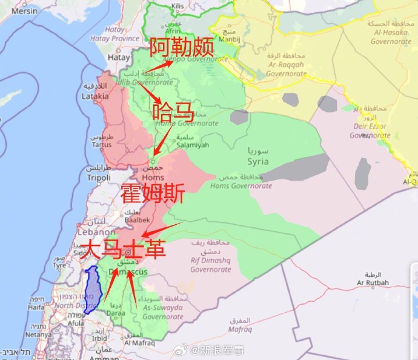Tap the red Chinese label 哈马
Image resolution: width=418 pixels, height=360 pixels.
coord(173,112)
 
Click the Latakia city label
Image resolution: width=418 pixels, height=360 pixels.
coord(95,96)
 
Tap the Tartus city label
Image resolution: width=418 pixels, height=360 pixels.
coord(102,145)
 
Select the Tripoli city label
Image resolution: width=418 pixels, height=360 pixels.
coord(98,178)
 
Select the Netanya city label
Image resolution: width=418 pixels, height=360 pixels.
coord(39,334)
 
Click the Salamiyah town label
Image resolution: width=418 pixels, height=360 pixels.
coord(193,145)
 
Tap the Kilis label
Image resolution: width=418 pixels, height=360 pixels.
coord(177,5)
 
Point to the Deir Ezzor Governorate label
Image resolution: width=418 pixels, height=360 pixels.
coord(370,131)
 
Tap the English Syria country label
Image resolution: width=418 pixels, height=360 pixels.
coord(258,161)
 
